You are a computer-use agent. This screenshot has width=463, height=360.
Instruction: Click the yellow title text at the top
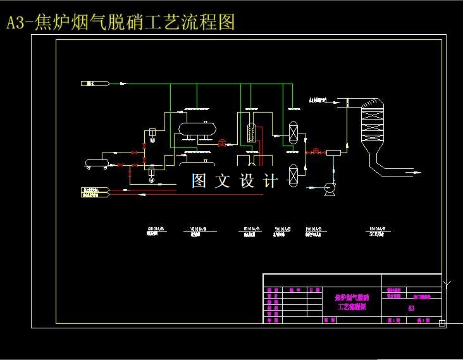click(x=120, y=23)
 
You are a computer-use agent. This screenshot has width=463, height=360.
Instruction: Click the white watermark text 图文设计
click(x=235, y=182)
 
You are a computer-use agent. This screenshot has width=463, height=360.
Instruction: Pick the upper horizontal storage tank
click(x=196, y=128)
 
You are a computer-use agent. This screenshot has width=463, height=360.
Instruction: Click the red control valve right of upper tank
click(x=222, y=143)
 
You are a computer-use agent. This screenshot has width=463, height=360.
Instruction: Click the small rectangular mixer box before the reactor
click(x=333, y=152)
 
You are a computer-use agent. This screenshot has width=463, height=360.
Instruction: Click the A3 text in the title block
click(x=411, y=308)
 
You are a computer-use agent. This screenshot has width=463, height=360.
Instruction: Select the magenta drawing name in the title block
click(x=351, y=301)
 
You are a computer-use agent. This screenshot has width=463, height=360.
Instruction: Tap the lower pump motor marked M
click(x=151, y=180)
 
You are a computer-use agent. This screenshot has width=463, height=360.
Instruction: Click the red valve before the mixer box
click(x=315, y=151)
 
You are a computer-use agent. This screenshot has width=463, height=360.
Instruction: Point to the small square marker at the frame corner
click(x=442, y=323)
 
